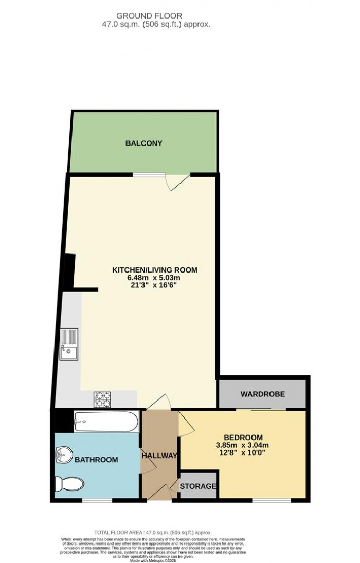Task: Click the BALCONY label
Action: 144,143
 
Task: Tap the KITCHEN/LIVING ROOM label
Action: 155,270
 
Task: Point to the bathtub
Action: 105,422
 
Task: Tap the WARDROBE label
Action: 263,394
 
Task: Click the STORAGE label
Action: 198,486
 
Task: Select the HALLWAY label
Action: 159,456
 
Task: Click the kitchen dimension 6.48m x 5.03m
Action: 155,278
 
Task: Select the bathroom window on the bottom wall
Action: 98,501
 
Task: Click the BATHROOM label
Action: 96,460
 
